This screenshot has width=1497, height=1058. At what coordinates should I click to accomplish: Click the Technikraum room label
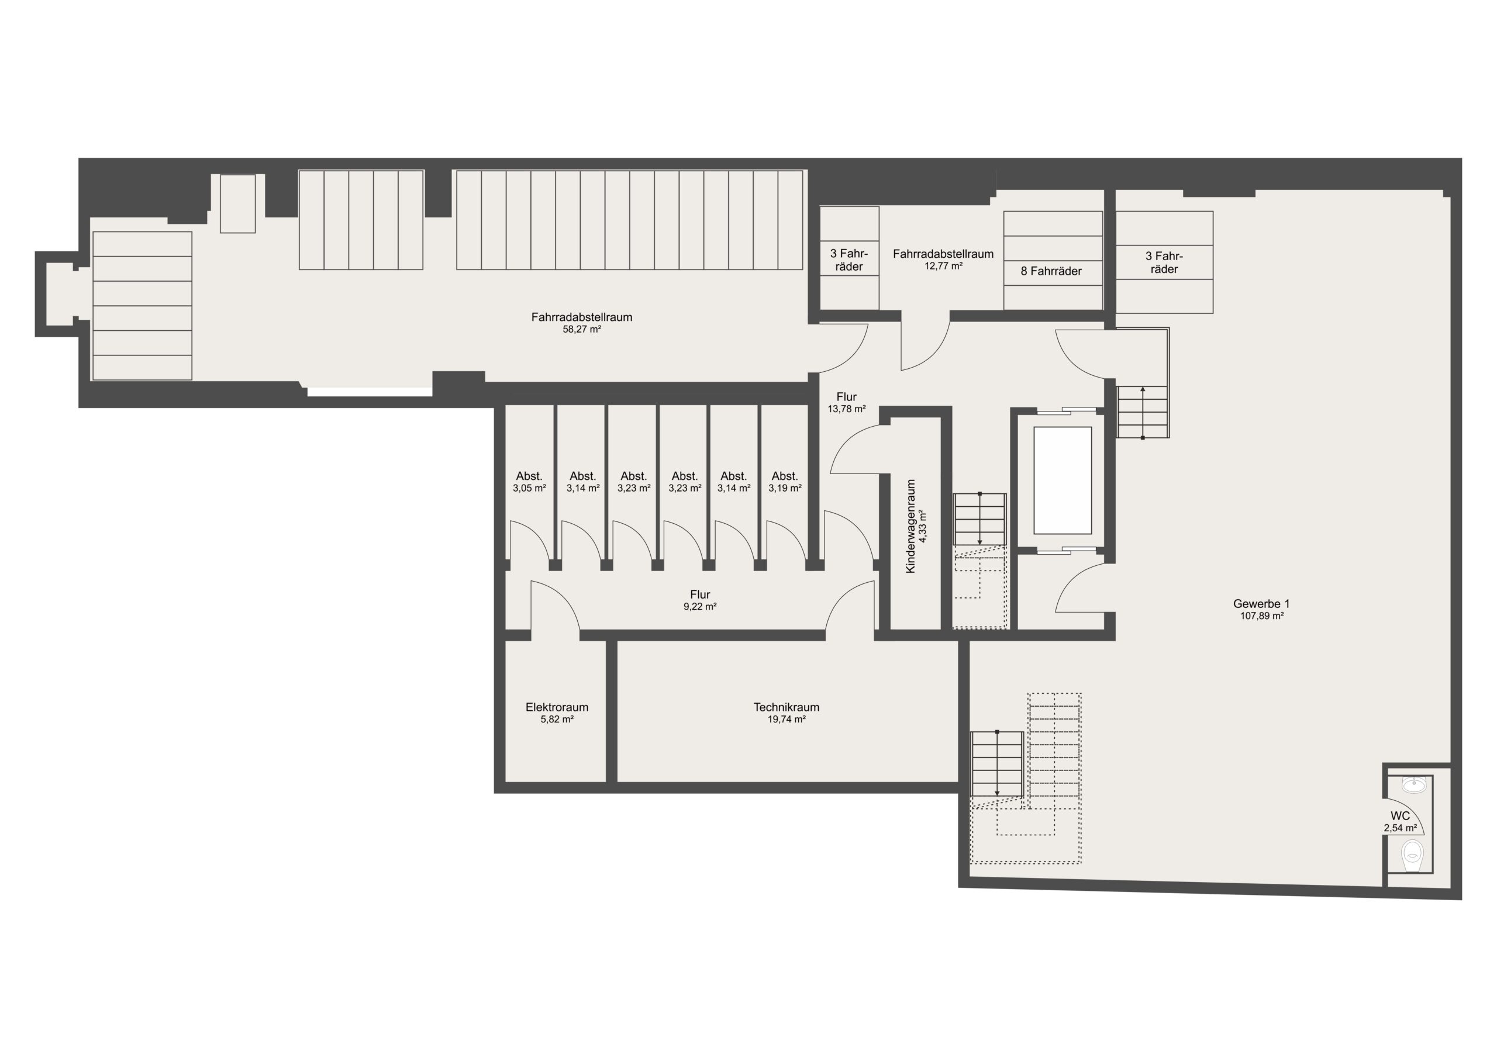(787, 707)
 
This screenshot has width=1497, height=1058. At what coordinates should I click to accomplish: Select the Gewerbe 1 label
(1261, 604)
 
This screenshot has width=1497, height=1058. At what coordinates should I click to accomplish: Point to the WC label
(1400, 816)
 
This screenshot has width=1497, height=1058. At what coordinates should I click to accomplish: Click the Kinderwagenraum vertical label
(911, 527)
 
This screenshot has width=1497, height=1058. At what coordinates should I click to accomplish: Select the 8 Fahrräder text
(1051, 271)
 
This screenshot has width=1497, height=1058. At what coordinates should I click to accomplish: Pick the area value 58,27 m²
(582, 330)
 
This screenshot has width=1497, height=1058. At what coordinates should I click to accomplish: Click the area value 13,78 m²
(846, 409)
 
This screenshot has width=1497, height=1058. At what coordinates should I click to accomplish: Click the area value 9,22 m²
(699, 606)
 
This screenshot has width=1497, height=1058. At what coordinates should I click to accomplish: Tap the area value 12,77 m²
(943, 266)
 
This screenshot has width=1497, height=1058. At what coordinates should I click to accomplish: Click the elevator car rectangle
(1063, 480)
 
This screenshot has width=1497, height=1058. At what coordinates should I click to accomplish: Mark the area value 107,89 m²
(1261, 616)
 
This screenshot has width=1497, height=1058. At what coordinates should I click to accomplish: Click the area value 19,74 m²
(787, 719)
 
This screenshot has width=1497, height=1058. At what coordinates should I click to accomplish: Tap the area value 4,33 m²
(923, 527)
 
